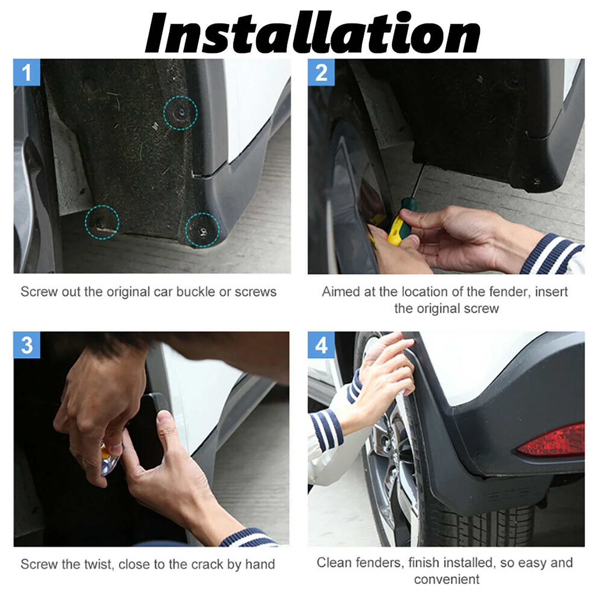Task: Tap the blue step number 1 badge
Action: pyautogui.click(x=27, y=72)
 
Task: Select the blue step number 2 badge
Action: pyautogui.click(x=321, y=72)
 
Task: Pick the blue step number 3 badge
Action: pyautogui.click(x=27, y=345)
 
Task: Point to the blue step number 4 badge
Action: pyautogui.click(x=321, y=345)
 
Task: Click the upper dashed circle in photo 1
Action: pyautogui.click(x=180, y=96)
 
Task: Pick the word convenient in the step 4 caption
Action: pyautogui.click(x=447, y=579)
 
